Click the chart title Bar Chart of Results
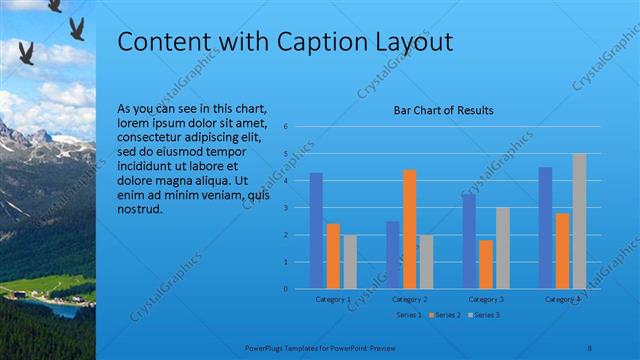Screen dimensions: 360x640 [x=444, y=111]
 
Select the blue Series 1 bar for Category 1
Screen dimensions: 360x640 [x=316, y=230]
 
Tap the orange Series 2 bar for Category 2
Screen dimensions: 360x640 [x=409, y=229]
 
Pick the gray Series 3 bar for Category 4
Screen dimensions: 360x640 [x=579, y=221]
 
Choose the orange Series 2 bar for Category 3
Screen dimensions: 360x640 [x=486, y=264]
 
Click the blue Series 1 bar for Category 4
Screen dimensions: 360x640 [x=545, y=228]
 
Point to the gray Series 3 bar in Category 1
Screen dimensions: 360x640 [x=349, y=262]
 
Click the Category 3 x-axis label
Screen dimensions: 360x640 [x=486, y=299]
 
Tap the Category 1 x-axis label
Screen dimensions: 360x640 [x=333, y=299]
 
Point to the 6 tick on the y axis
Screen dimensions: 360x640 [x=286, y=127]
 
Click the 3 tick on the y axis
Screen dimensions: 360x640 [x=286, y=208]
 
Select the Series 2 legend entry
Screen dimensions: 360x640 [x=447, y=315]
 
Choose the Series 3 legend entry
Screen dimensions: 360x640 [x=486, y=315]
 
